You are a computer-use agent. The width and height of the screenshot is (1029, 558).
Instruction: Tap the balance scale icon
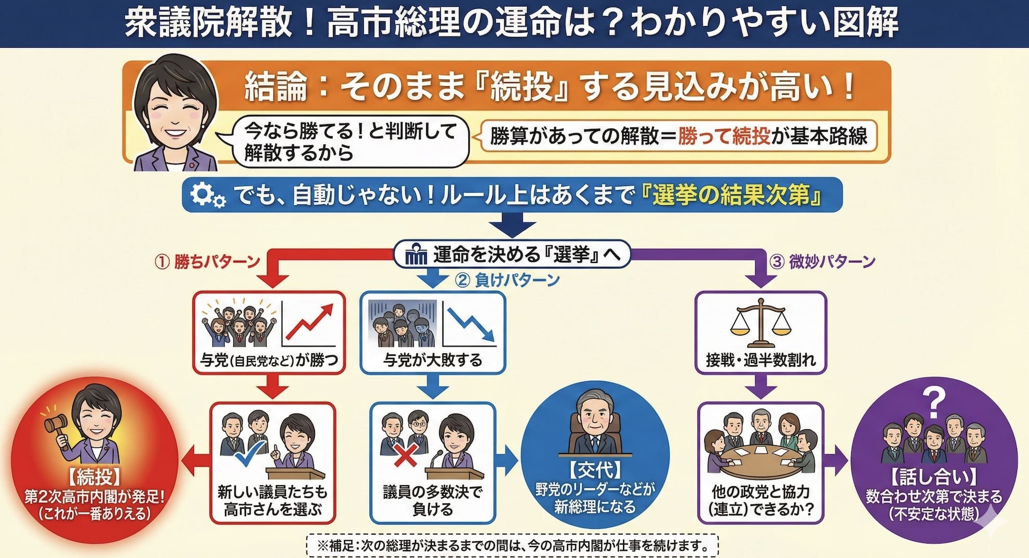[x=760, y=323]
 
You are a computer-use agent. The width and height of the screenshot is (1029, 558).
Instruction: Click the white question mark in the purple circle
[x=933, y=403]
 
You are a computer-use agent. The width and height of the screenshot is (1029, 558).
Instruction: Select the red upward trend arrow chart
[x=310, y=324]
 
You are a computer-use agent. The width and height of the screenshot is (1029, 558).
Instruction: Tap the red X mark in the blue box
[x=406, y=456]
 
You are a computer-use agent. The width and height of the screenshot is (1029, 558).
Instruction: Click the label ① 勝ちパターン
[x=207, y=261]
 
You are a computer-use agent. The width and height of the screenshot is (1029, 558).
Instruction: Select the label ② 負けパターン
[x=507, y=280]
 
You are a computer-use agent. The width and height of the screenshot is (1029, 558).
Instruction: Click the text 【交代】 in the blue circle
[x=595, y=470]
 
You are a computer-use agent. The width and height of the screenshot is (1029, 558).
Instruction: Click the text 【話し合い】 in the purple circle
[x=933, y=476]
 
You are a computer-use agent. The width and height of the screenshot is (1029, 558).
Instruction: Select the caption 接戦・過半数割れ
[x=761, y=360]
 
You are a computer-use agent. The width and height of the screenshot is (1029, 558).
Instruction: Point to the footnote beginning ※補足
[x=512, y=546]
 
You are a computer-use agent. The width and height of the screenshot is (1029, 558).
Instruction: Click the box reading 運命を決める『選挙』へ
[x=512, y=255]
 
